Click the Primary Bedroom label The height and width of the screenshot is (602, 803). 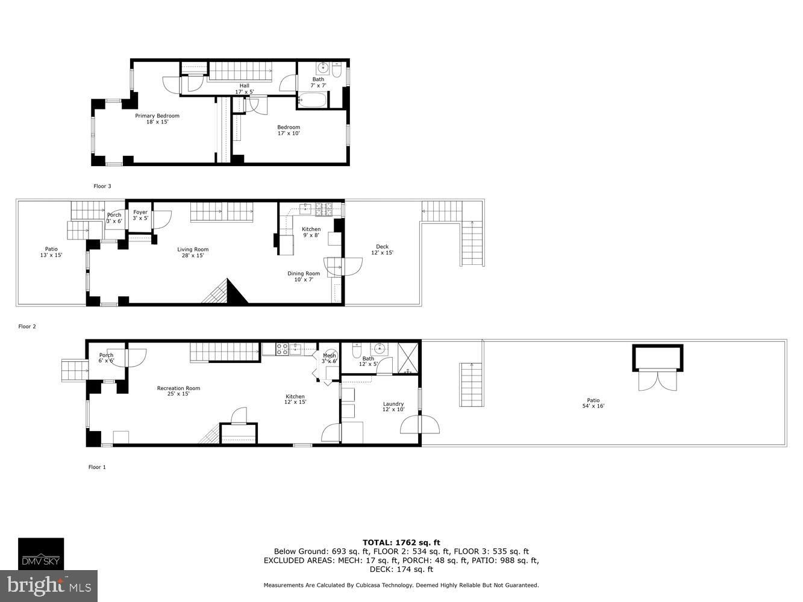157,119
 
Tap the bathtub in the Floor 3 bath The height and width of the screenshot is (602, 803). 313,100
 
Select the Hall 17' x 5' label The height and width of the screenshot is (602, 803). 245,89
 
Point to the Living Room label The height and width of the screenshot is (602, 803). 193,252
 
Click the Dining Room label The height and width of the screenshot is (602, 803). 304,276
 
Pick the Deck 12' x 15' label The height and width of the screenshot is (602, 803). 383,250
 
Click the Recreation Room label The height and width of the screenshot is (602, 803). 178,391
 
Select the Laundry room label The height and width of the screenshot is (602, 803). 393,406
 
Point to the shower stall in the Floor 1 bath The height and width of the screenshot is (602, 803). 408,358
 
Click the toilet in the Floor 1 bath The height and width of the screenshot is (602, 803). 356,350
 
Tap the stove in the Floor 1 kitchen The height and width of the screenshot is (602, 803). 282,349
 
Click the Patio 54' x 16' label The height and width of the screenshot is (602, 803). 593,403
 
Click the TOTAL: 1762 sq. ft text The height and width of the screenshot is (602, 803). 401,542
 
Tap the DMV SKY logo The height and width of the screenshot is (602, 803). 41,554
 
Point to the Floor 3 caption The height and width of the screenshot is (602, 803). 102,186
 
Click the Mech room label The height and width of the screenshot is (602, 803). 330,358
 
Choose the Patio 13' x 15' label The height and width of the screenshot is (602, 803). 51,252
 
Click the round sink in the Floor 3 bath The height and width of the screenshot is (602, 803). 323,69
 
